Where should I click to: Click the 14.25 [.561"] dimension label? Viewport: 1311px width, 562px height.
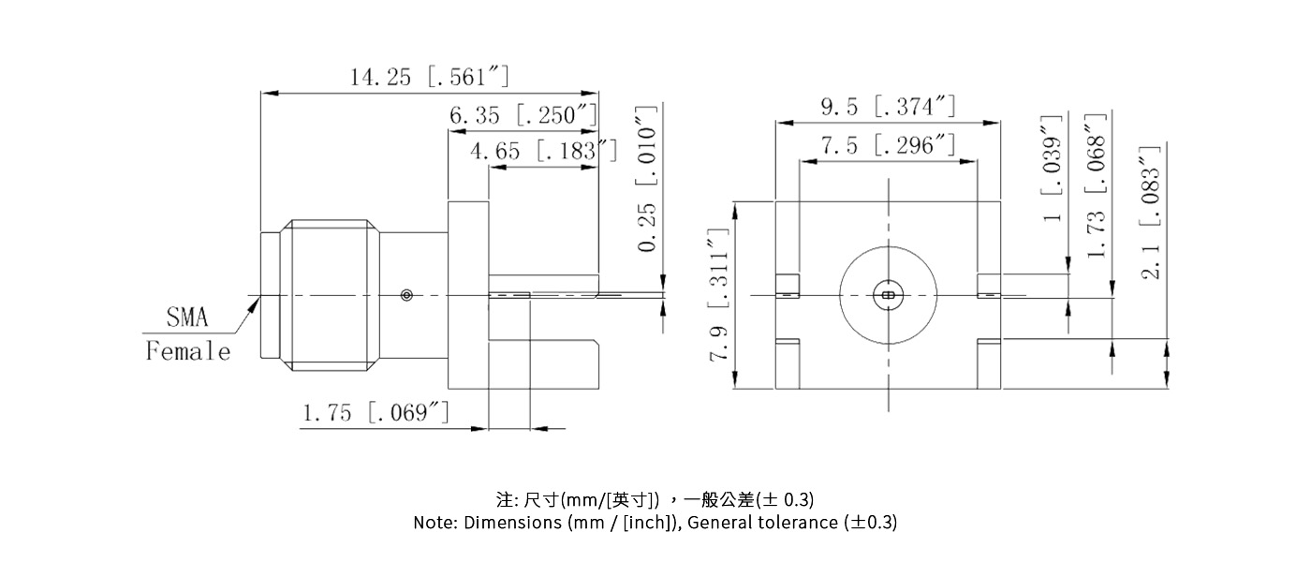coord(430,78)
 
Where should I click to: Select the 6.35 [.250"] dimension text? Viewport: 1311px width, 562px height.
coord(523,116)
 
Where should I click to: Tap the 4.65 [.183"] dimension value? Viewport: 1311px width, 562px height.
coord(544,150)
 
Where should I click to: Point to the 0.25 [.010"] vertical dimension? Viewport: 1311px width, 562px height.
coord(647,179)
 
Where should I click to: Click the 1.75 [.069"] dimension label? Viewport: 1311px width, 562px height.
coord(376,412)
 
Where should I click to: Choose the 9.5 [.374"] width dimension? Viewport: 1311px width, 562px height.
coord(888,108)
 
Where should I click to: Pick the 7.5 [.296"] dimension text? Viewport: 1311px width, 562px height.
coord(888,146)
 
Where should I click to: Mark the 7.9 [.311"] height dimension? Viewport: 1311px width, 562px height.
coord(719,296)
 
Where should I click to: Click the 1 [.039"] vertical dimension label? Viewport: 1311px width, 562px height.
coord(1054,169)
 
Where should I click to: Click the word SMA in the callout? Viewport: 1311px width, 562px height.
coord(187,318)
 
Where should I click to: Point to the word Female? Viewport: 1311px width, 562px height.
coord(187,352)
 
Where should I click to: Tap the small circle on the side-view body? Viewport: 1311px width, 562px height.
coord(405,296)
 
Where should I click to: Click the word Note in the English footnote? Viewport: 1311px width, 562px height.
coord(435,523)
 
